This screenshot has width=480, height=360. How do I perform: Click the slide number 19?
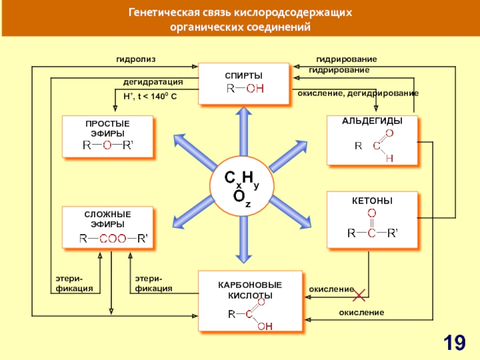[454, 343]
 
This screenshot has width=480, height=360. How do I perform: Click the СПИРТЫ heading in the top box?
[244, 75]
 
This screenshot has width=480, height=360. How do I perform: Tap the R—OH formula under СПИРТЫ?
[244, 89]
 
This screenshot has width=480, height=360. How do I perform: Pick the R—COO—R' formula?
[114, 238]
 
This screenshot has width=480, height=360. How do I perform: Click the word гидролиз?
[136, 59]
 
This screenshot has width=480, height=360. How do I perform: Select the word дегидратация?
[153, 82]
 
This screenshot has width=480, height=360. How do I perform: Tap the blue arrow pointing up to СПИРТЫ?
[244, 129]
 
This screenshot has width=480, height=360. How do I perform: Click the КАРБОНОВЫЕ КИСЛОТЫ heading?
[250, 290]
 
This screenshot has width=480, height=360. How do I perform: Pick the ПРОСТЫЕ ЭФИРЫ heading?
[107, 128]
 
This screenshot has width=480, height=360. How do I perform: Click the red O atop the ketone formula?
[371, 213]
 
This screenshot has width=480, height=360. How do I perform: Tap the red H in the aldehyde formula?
[389, 158]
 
